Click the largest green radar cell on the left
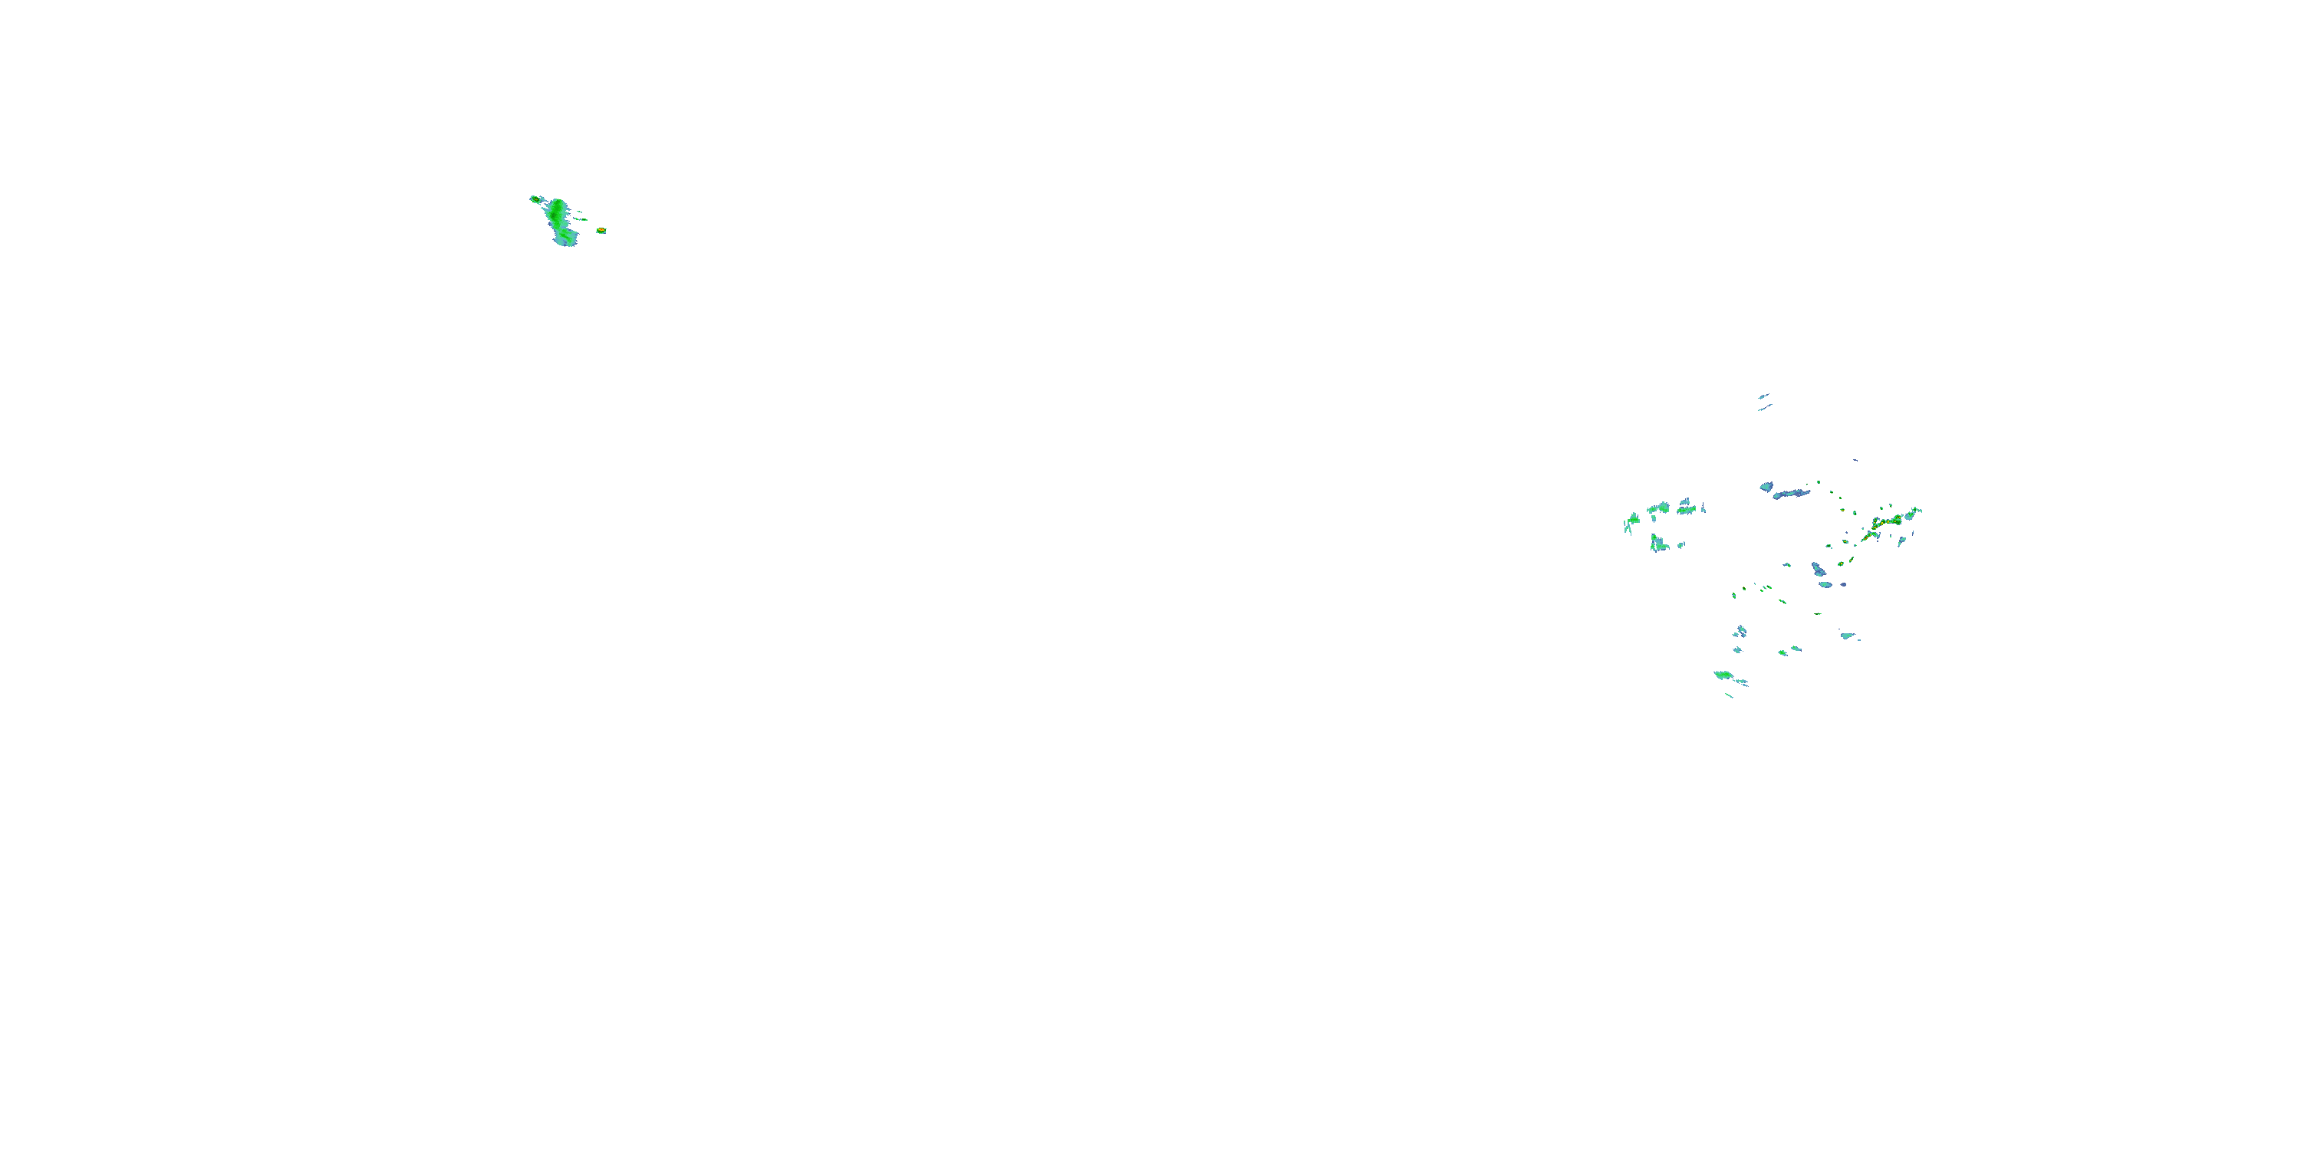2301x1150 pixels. pos(558,219)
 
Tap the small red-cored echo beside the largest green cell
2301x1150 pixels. pos(601,230)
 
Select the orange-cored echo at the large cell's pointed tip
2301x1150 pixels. pos(534,199)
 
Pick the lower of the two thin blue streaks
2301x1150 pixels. pos(1764,408)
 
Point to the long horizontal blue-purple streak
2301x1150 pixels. pos(1792,493)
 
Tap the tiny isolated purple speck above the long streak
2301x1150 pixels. pos(1855,460)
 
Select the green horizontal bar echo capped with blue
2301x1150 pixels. pos(1686,510)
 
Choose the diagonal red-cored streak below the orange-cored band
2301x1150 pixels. pos(1868,536)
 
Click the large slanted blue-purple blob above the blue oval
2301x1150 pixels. pos(1819,569)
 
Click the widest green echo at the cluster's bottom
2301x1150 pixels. pos(1723,674)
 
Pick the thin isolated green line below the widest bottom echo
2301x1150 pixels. pos(1730,695)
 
